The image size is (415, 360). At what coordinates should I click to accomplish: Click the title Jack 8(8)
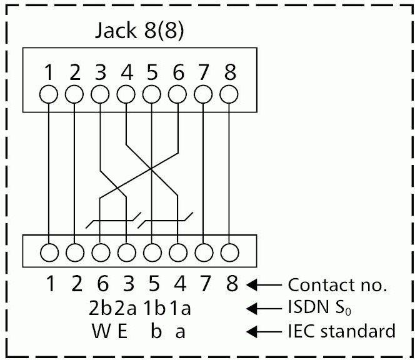139,31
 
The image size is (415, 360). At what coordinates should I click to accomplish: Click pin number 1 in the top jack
48,73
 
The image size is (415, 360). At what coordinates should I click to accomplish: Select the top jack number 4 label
127,73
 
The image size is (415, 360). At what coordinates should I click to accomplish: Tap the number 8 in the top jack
231,73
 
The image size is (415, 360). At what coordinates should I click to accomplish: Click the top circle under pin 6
179,95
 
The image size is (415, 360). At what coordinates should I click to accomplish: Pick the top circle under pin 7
204,95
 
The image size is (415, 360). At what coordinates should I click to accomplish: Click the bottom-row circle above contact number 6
101,253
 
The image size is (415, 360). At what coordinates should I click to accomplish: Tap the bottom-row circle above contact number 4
179,253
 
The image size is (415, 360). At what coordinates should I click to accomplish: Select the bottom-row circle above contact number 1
49,253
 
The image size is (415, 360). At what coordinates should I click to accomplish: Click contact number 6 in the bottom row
101,285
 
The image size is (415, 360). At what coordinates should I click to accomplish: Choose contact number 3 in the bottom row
127,285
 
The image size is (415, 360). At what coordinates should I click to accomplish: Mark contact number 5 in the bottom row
153,285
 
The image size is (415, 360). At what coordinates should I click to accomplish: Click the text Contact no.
337,286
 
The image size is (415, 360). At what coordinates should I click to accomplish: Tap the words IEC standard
341,331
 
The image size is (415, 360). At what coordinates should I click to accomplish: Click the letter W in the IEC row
100,331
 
